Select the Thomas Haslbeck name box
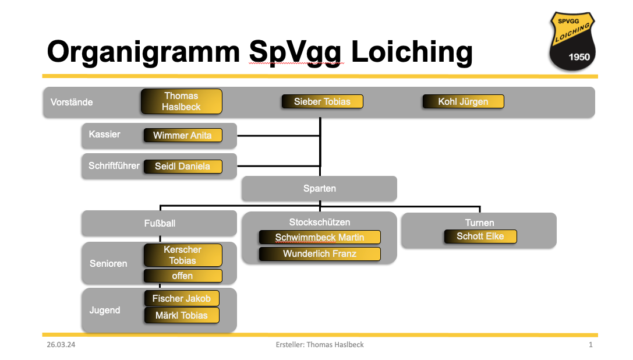coord(181,101)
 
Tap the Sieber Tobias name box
coord(322,101)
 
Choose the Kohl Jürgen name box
coord(463,102)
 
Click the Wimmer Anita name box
coord(183,135)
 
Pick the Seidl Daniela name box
coord(183,166)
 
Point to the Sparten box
coord(319,189)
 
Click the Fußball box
coord(159,223)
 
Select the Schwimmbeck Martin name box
coord(319,237)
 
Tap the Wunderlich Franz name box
coord(319,254)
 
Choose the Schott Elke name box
coord(480,237)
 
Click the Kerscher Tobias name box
coord(183,255)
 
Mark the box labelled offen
coord(183,276)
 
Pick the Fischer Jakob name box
coord(182,298)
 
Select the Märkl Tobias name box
coord(182,315)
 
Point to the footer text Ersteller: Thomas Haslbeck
coord(320,345)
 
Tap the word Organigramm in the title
coord(143,52)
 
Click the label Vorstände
coord(72,102)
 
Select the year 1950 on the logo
coord(579,57)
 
